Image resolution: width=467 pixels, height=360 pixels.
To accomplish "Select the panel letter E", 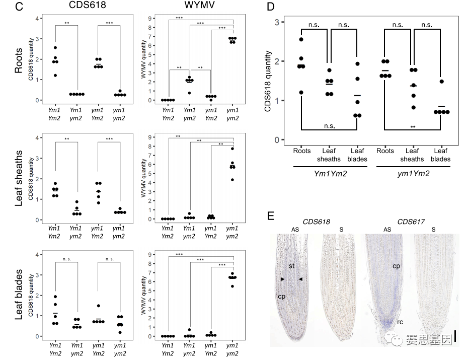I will [271, 216].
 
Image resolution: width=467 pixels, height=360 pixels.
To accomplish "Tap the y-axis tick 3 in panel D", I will [277, 22].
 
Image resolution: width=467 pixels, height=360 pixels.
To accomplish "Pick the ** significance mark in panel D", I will [413, 126].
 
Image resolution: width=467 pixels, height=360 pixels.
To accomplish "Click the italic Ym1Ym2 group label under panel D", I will [330, 174].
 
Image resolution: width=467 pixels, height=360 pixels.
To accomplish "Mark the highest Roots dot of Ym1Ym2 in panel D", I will [301, 39].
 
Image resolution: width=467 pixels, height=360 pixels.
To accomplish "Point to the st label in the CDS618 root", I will [291, 265].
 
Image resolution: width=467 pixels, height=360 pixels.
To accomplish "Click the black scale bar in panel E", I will [455, 336].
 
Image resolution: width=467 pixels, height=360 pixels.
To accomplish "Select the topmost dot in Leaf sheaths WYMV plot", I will [232, 149].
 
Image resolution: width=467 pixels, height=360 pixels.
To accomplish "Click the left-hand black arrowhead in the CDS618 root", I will [283, 278].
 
